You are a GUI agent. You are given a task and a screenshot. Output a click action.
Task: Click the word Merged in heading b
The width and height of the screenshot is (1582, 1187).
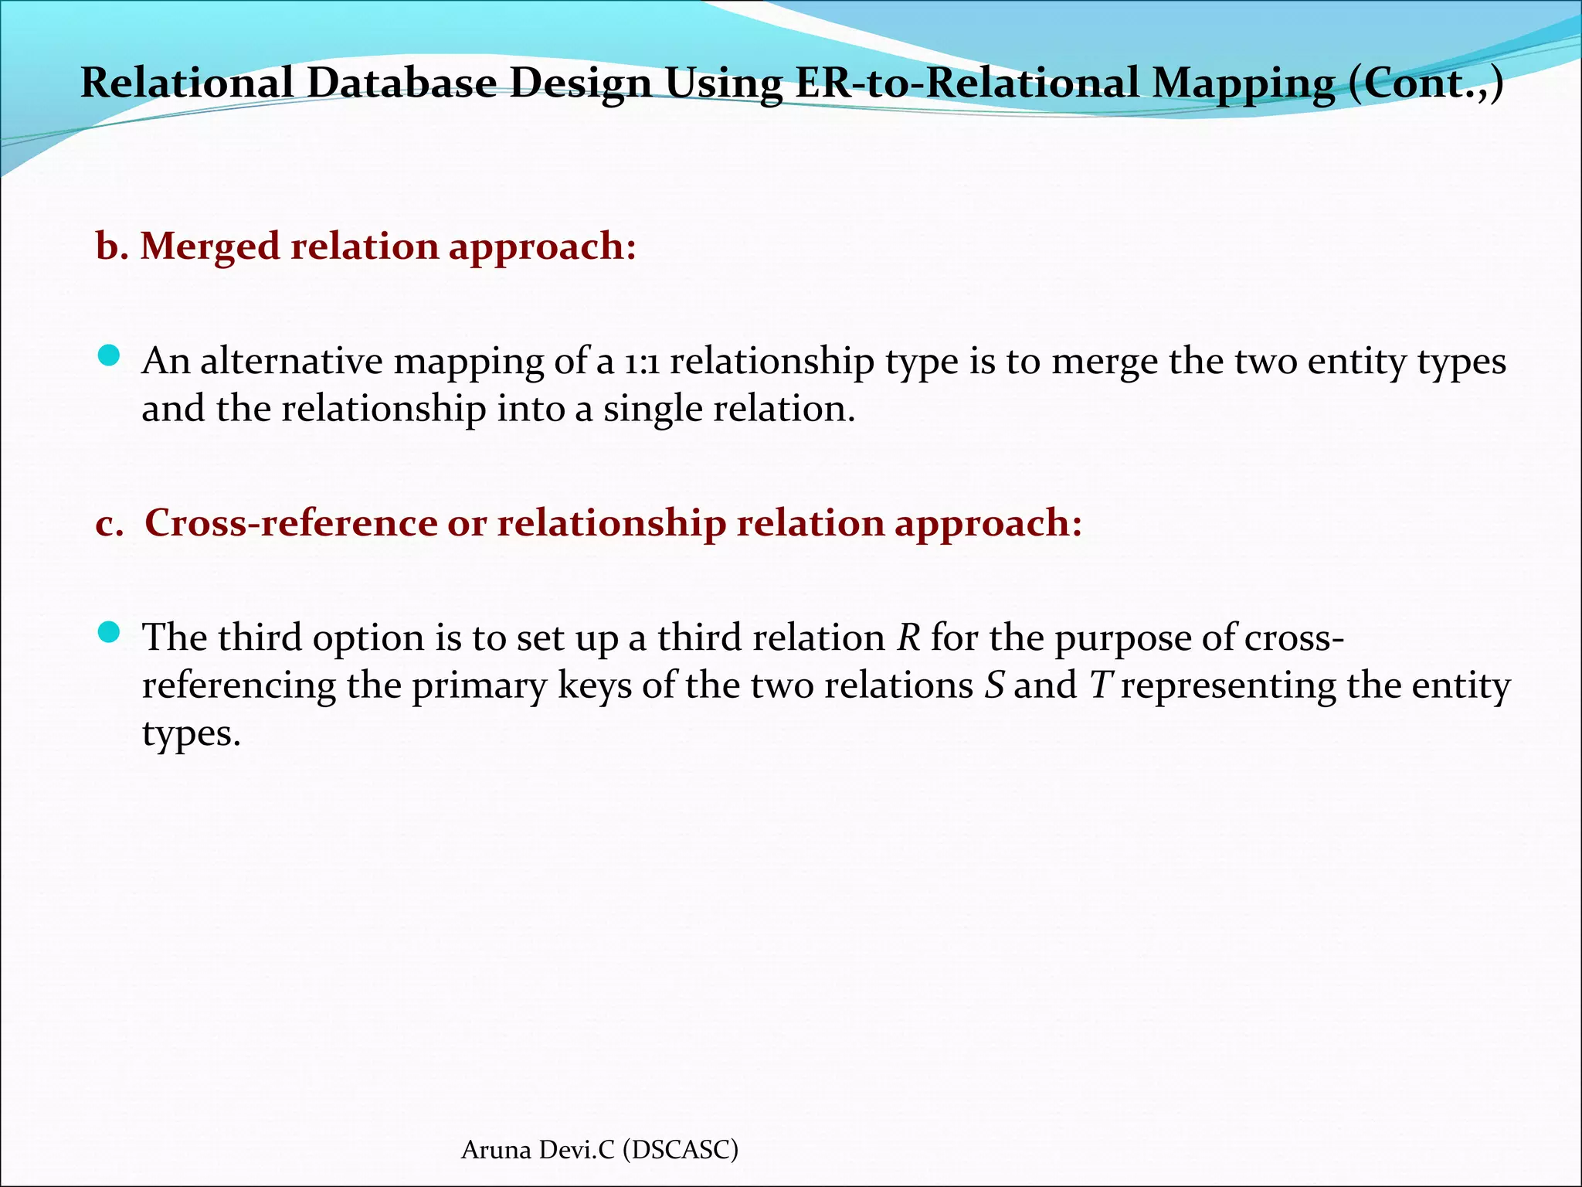click(x=209, y=247)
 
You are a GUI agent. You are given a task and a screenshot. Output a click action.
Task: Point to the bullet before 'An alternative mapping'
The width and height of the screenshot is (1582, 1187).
click(x=109, y=356)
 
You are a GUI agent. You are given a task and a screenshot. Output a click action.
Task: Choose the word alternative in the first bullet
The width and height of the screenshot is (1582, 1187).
click(x=291, y=362)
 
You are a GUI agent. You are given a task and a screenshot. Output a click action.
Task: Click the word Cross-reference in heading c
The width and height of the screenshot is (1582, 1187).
click(x=291, y=522)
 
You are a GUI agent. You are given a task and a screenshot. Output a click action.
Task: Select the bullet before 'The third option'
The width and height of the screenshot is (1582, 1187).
click(x=109, y=633)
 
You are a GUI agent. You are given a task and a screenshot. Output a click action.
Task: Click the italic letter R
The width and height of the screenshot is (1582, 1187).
click(x=908, y=638)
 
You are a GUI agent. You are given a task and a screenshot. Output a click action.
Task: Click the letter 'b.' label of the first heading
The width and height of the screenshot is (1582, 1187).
click(x=111, y=247)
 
